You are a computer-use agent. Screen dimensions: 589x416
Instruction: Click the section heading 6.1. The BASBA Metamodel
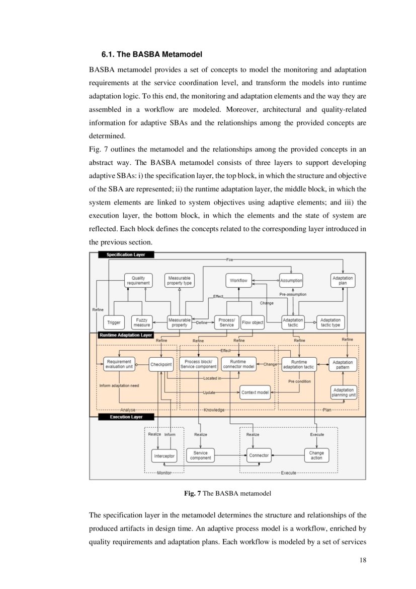click(x=151, y=54)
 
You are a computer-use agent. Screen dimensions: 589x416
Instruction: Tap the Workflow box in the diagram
click(x=238, y=281)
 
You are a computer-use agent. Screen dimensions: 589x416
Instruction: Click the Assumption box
click(x=291, y=281)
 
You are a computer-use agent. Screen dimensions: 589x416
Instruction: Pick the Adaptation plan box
click(x=343, y=281)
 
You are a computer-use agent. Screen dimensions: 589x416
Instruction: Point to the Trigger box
click(x=114, y=322)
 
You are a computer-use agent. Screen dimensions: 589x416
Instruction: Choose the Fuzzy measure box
click(x=141, y=322)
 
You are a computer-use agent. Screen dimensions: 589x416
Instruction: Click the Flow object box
click(x=253, y=322)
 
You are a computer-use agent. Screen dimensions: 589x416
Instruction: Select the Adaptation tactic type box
click(x=330, y=322)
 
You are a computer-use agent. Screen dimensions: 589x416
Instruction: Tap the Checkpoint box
click(x=161, y=364)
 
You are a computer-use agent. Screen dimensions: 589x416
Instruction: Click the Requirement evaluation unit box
click(x=119, y=364)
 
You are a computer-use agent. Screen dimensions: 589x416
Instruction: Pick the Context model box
click(x=255, y=392)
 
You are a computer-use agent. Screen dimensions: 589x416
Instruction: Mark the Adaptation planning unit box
click(x=344, y=392)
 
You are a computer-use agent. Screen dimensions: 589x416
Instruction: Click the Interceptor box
click(x=164, y=456)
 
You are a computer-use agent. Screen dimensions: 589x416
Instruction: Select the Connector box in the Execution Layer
click(x=259, y=455)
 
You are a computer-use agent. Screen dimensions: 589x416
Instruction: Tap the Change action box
click(x=316, y=455)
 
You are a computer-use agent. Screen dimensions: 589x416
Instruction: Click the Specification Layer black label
click(x=126, y=255)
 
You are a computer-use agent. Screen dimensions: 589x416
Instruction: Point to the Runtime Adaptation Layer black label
click(x=126, y=335)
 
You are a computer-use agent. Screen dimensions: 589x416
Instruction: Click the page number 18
click(x=363, y=560)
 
